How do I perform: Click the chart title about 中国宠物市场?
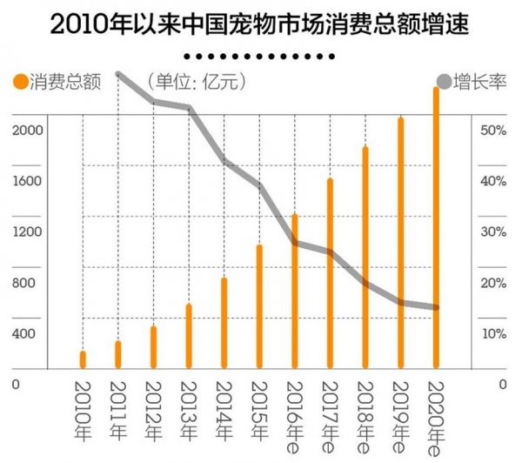[261, 23]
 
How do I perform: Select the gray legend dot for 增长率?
[444, 84]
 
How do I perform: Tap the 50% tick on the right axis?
[492, 130]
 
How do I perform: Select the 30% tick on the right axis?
[492, 232]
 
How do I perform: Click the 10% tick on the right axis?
[492, 334]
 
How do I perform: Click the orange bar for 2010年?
[83, 359]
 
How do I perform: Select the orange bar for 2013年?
[189, 336]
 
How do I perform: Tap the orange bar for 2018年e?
[365, 258]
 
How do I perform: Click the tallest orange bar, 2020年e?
[436, 226]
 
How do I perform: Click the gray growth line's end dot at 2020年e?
[436, 307]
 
